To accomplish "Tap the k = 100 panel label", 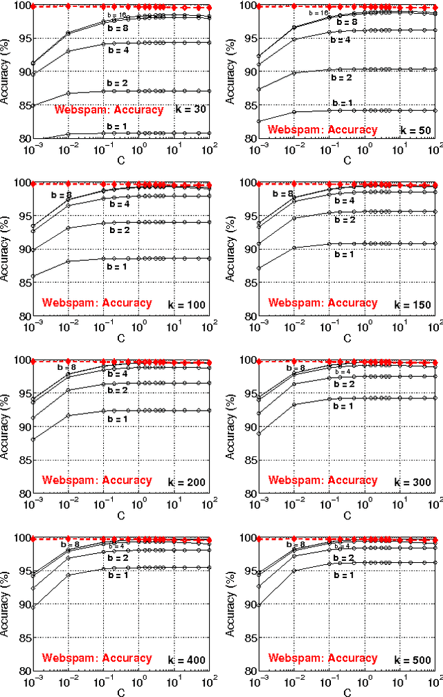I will coord(188,304).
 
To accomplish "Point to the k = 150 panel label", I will coord(413,305).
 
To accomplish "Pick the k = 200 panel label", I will coord(188,482).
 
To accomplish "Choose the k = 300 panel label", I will coord(413,482).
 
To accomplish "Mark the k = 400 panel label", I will coord(188,660).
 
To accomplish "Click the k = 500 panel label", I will coord(413,660).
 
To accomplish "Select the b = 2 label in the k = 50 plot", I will coord(341,78).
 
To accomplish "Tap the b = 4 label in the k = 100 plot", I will coord(119,205).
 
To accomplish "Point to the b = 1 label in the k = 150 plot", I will coord(343,254).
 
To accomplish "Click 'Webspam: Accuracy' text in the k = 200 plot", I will coord(96,480).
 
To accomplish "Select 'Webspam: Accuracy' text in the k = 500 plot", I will coord(323,658).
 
